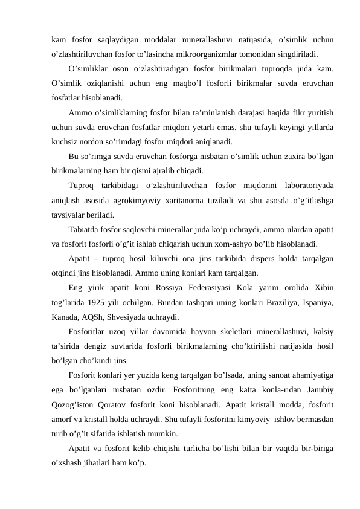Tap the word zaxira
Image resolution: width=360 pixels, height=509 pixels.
(x=283, y=156)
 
